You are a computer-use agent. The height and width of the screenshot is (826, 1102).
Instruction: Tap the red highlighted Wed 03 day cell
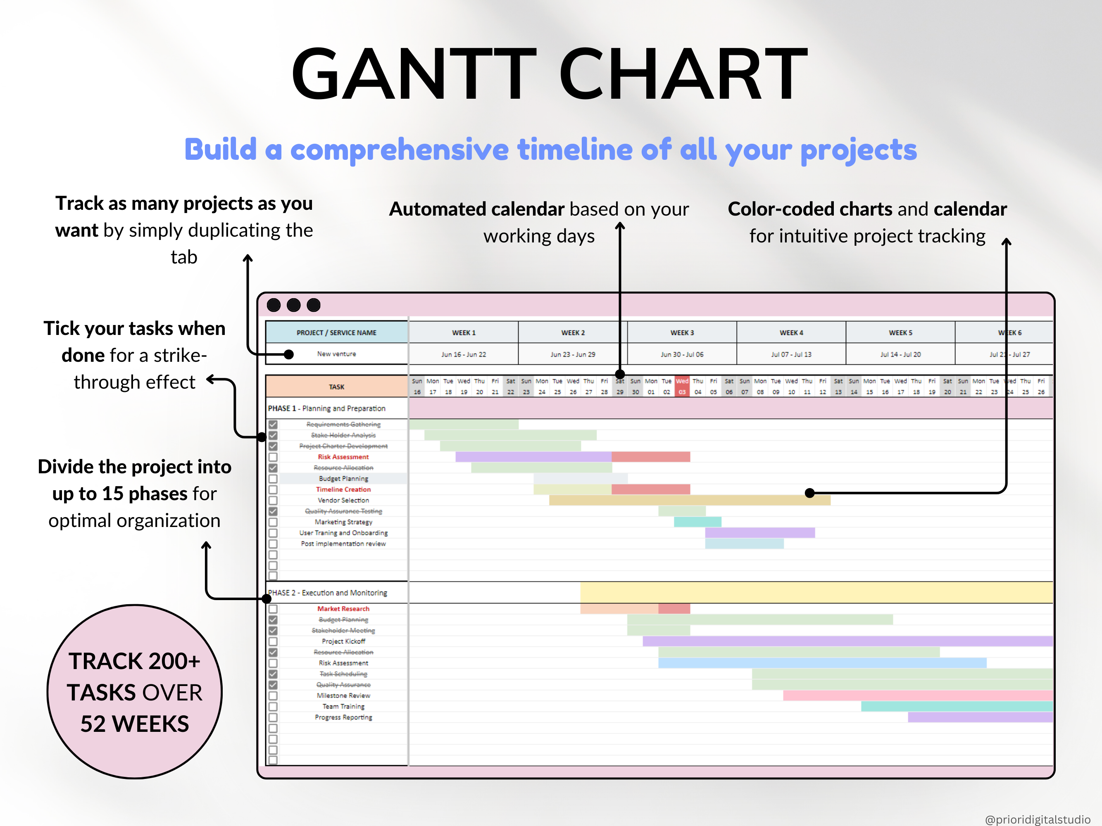pos(682,387)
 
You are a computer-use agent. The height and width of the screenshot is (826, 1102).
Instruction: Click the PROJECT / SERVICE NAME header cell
pos(336,332)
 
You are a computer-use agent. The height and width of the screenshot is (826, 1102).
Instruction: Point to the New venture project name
pos(336,354)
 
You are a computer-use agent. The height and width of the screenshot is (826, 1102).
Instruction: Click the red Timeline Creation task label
pos(343,489)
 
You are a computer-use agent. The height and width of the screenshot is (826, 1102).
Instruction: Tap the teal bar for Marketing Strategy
pos(697,522)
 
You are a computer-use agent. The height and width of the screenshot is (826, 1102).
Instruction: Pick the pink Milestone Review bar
pos(916,695)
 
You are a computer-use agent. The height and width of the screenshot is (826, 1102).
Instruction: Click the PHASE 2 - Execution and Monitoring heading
pos(327,593)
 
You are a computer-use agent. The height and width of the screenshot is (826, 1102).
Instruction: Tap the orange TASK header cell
pos(336,387)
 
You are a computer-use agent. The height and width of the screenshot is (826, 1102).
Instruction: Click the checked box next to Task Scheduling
pos(273,674)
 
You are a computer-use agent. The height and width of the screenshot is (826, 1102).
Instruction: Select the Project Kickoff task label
pos(343,641)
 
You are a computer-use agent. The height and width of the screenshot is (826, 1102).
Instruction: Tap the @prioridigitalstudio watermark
pos(1037,819)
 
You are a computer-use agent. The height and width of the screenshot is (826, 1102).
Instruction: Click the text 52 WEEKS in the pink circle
pos(135,724)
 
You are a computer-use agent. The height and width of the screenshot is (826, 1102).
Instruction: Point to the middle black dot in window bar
pos(293,305)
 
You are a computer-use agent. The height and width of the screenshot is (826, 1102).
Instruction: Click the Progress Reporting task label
pos(343,717)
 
